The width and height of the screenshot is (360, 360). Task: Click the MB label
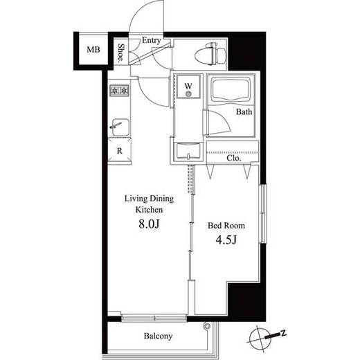point(93,50)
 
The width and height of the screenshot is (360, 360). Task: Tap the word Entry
point(152,40)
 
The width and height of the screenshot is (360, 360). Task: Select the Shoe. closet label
point(120,53)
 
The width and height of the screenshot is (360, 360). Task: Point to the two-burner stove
point(119,91)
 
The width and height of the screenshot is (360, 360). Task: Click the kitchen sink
point(120,127)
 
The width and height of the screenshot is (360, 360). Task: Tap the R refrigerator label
point(119,151)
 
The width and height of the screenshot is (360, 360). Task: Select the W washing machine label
point(188,86)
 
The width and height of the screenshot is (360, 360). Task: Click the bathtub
point(231,89)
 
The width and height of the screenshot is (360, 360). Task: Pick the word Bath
point(244,112)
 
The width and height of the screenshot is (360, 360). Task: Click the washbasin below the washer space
point(188,151)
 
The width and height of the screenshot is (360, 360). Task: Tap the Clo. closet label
point(234,159)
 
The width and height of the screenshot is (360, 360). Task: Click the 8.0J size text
point(149,224)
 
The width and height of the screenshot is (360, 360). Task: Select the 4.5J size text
point(226,240)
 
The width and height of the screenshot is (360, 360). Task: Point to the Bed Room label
point(226,226)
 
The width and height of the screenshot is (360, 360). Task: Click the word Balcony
point(158,336)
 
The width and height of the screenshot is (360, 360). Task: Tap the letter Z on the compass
point(283,333)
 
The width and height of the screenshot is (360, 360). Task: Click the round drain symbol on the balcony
point(206,326)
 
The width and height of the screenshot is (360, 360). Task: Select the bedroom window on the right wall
point(263,213)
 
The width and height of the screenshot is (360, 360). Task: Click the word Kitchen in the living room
point(149,210)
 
